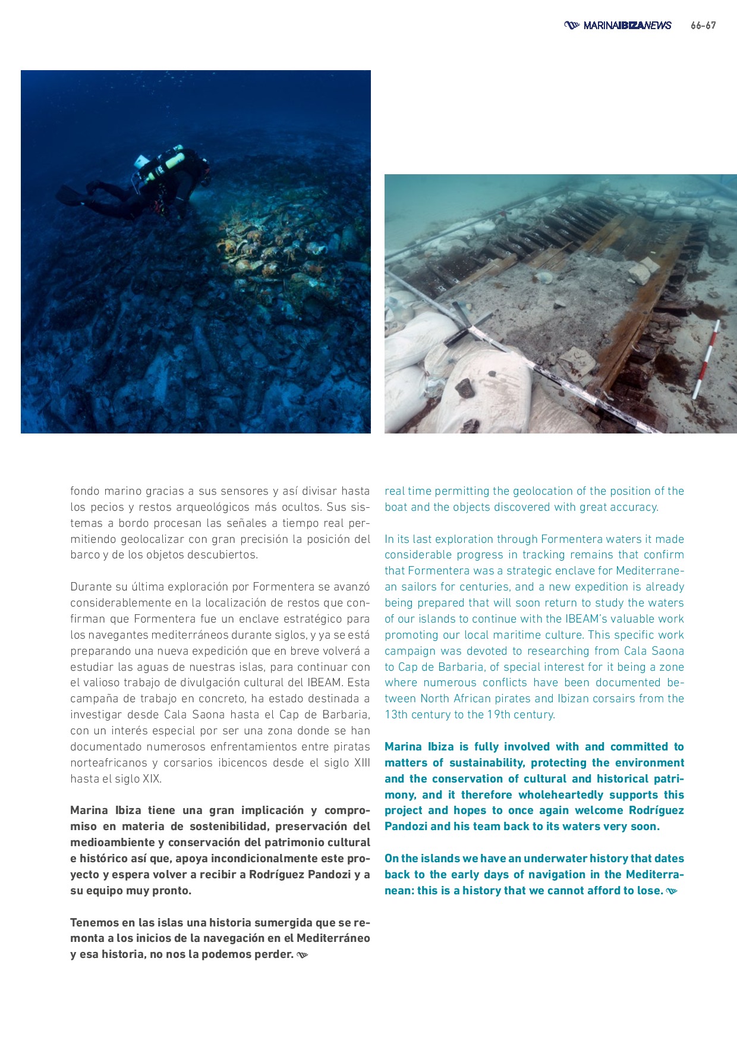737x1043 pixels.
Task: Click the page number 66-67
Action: click(x=703, y=26)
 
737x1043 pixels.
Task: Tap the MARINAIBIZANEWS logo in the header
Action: click(x=618, y=26)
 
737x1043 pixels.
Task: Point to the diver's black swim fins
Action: click(x=70, y=194)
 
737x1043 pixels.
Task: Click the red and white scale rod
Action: click(x=707, y=360)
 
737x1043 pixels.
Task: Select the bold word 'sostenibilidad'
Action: click(x=228, y=827)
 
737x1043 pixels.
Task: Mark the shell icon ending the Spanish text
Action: click(x=303, y=955)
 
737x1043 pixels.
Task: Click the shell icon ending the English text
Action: click(x=672, y=891)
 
